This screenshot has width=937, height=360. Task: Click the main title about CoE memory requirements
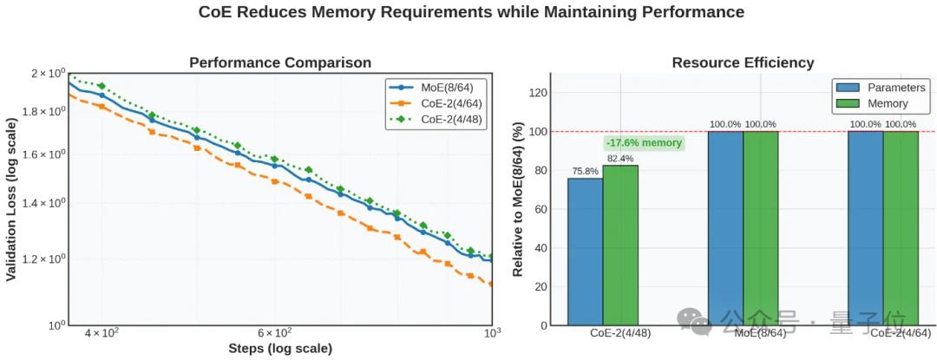pos(471,12)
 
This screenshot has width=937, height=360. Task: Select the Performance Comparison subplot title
pos(280,62)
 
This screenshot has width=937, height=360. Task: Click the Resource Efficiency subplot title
pos(743,62)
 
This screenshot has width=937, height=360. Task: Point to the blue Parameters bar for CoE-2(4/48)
pos(586,252)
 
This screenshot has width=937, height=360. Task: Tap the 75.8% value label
pos(586,171)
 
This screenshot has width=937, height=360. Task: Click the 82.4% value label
pos(620,159)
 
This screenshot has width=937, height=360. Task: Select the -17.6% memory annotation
pos(644,143)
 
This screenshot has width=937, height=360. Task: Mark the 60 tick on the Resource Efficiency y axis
pos(542,209)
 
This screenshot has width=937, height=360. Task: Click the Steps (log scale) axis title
pos(280,349)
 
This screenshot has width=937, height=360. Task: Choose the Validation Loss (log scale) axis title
pos(11,199)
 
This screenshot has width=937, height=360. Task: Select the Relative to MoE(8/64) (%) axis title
pos(517,199)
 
